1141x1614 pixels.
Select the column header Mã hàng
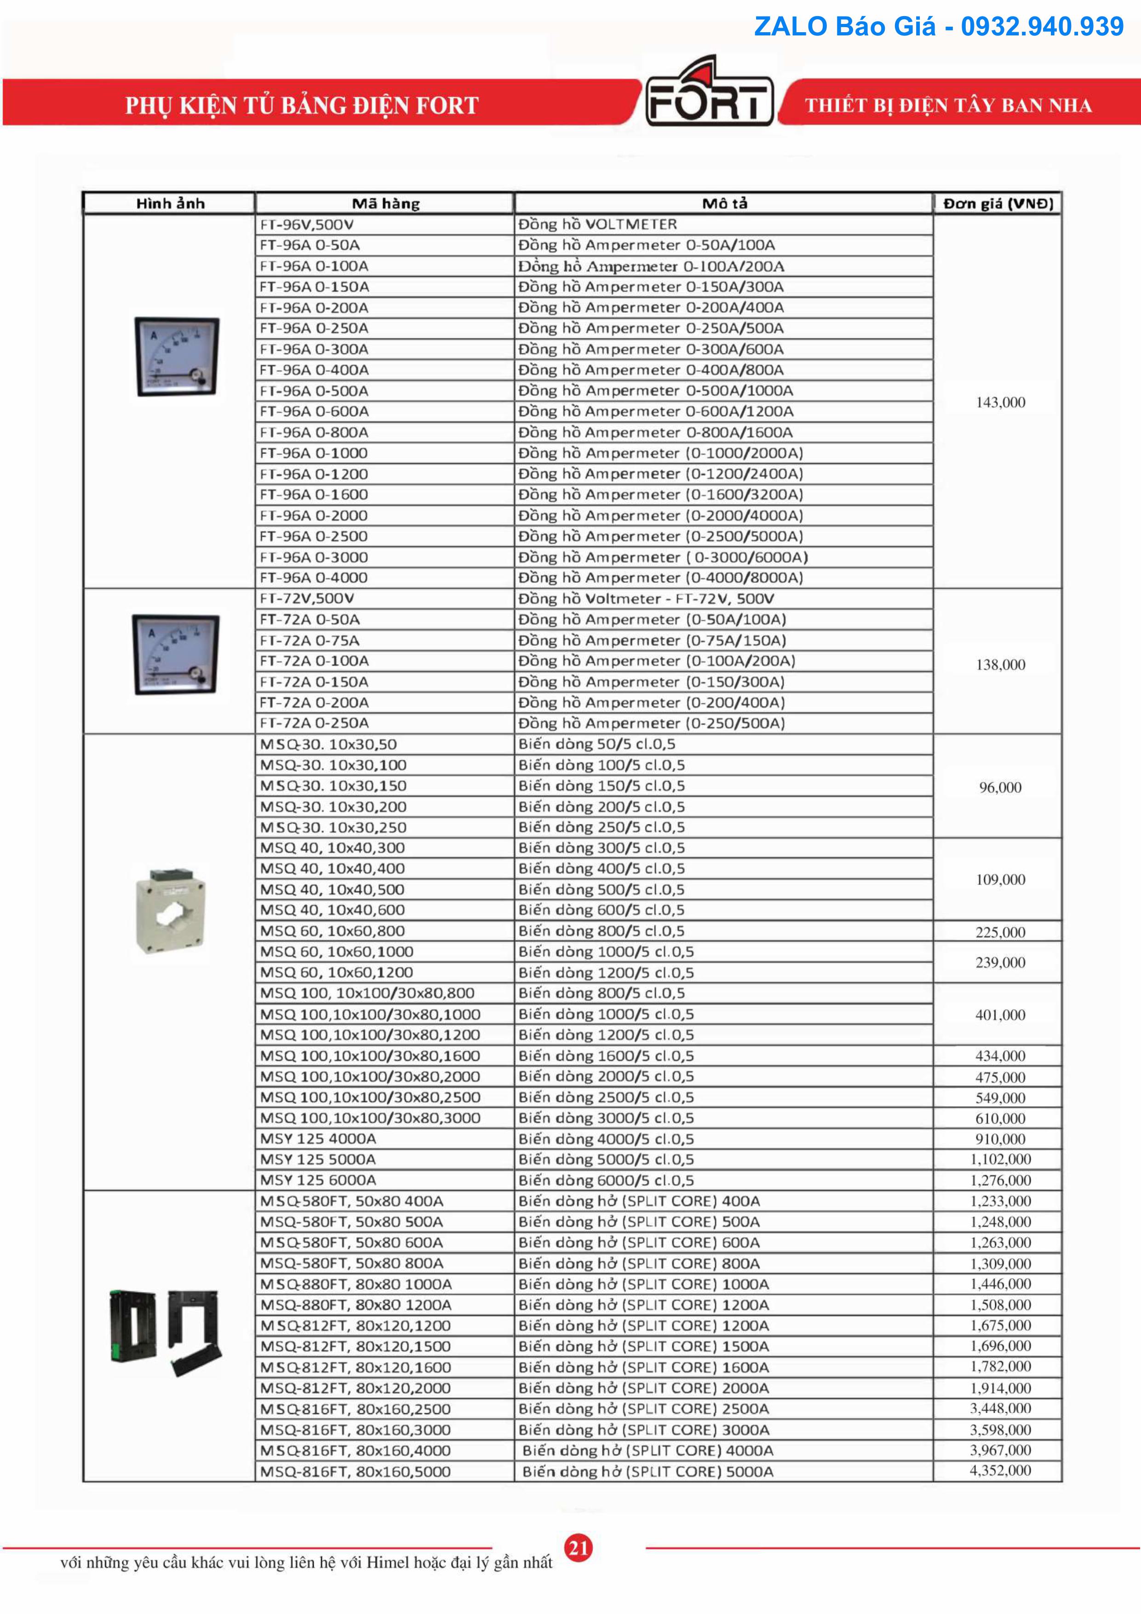click(385, 204)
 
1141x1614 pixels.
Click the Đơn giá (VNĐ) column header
click(998, 204)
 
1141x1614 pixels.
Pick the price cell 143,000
click(1000, 402)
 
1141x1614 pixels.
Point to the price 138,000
click(1000, 664)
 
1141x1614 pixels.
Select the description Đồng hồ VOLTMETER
click(597, 225)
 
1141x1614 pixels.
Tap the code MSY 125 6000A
click(318, 1180)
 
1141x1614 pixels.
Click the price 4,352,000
click(1000, 1470)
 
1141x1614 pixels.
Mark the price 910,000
click(1000, 1139)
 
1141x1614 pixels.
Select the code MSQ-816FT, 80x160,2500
click(355, 1409)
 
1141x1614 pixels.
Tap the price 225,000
click(1000, 932)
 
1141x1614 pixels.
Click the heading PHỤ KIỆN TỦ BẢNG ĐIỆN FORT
click(302, 105)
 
